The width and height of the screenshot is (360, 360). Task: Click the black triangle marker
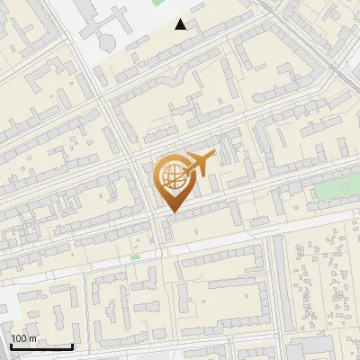click(182, 24)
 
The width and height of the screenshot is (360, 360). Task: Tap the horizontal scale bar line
click(40, 346)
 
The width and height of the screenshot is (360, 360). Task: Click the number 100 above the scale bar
click(21, 338)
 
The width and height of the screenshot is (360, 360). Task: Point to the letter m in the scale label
click(33, 338)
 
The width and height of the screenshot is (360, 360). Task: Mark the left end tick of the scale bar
click(10, 345)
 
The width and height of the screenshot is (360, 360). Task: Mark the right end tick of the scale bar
click(72, 345)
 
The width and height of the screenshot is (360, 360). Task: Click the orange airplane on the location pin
click(199, 164)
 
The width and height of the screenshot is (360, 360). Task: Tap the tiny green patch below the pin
click(135, 256)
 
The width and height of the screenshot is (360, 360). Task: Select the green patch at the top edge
click(159, 3)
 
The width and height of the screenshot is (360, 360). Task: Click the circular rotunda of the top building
click(107, 42)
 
